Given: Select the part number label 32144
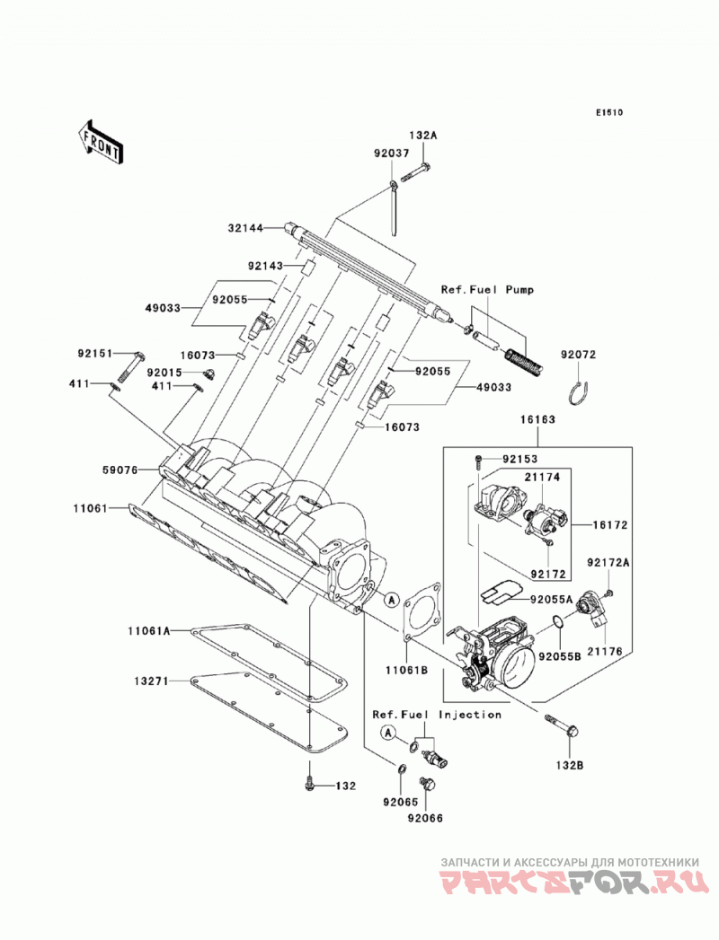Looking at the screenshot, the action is click(244, 228).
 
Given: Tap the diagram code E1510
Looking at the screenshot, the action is click(609, 112).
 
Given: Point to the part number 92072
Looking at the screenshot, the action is click(579, 355).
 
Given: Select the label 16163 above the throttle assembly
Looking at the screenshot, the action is click(537, 419).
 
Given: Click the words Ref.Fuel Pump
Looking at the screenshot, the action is click(487, 290).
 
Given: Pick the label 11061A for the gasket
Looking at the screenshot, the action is click(149, 630).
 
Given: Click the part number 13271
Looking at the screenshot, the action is click(151, 681).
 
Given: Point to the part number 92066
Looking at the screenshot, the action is click(425, 817).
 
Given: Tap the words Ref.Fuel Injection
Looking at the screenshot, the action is click(437, 715).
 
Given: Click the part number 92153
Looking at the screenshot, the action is click(520, 459).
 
